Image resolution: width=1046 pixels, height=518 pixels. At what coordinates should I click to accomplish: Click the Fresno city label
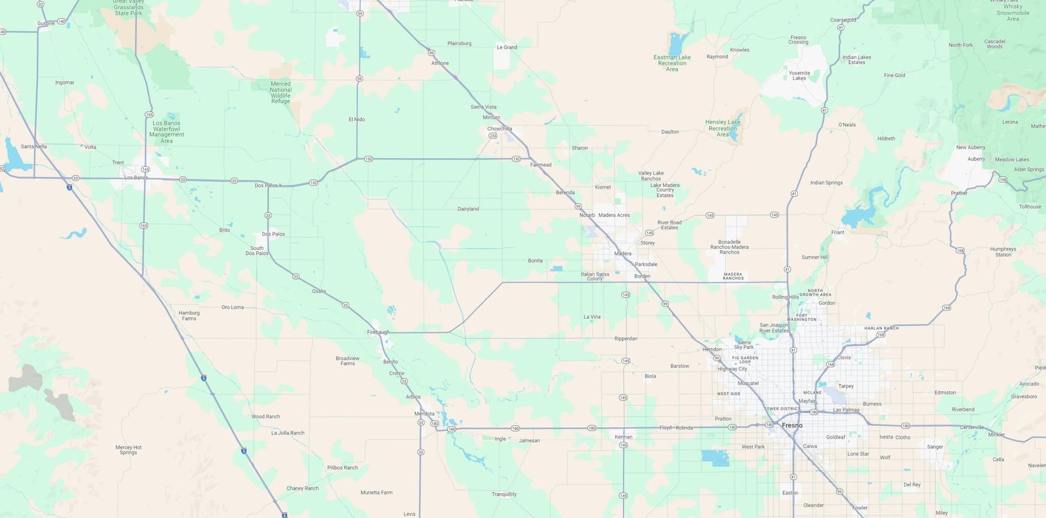point(792,425)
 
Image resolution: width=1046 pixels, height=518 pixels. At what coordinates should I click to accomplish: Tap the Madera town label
point(622,253)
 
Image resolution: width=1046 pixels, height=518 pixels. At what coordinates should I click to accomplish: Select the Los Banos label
point(136,178)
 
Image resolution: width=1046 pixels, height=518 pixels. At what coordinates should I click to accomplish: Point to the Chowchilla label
point(499,129)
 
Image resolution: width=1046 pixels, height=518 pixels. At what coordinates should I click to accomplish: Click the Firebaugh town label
point(378,332)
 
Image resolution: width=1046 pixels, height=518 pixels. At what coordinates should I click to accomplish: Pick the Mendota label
point(424,413)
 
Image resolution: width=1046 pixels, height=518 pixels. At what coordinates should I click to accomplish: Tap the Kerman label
point(623,437)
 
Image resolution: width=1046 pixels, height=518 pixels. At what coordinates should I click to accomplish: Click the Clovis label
point(844,357)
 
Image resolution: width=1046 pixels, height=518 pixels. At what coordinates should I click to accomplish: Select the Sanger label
point(935,447)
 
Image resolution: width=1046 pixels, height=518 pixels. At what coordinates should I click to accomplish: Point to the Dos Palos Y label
point(268,186)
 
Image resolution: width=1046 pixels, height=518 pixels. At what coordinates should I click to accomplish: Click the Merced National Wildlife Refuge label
point(280,93)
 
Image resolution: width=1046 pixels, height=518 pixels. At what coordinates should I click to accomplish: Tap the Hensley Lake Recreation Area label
point(722,128)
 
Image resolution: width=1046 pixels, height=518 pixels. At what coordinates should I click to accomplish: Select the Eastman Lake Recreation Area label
point(672,63)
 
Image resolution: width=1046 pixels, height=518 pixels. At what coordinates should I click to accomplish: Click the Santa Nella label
point(34,146)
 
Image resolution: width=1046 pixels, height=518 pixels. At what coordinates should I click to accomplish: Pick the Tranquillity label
point(504,494)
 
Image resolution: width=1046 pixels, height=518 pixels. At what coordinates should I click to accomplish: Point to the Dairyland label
point(468,209)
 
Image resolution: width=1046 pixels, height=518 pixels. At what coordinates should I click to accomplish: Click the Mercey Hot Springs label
point(128,450)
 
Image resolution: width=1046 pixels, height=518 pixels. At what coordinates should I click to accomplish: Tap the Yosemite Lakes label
point(799,75)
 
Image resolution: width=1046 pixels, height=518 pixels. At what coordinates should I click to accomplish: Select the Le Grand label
point(507,47)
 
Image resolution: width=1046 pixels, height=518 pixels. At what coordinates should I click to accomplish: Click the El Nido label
point(357,120)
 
